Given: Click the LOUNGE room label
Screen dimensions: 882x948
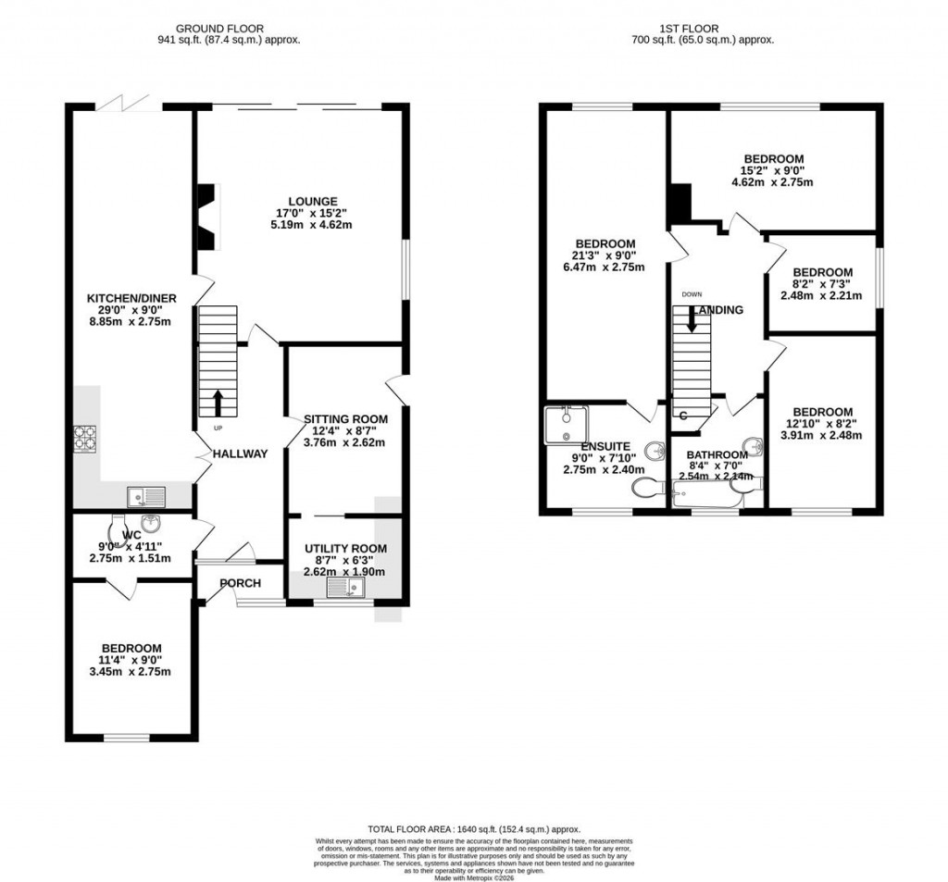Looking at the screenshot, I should pyautogui.click(x=312, y=201).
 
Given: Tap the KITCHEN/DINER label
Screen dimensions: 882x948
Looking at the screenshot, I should pyautogui.click(x=131, y=298).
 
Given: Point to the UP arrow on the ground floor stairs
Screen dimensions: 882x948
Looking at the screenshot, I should pyautogui.click(x=218, y=404).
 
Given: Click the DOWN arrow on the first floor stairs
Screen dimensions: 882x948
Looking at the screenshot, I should pyautogui.click(x=692, y=321).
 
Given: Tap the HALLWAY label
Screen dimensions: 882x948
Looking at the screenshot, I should pyautogui.click(x=240, y=453).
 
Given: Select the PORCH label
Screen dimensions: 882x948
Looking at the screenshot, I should pyautogui.click(x=240, y=583).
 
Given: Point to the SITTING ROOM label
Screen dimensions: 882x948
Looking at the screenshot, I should pyautogui.click(x=346, y=419).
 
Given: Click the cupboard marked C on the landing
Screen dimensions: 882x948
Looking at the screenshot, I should pyautogui.click(x=683, y=416).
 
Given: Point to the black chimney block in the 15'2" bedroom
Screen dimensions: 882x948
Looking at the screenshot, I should pyautogui.click(x=680, y=204).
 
